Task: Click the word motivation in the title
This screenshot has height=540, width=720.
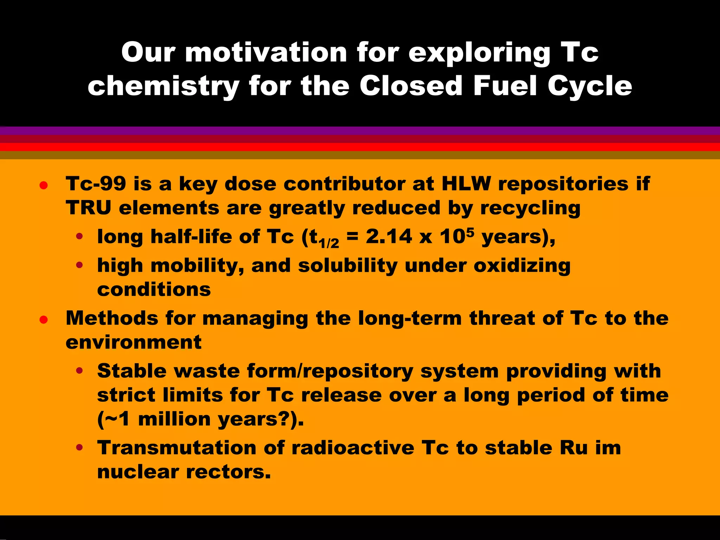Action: [266, 53]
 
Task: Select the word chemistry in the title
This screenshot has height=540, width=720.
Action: [163, 86]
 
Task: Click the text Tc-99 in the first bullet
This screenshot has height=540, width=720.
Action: [96, 184]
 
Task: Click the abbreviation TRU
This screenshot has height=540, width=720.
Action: [88, 208]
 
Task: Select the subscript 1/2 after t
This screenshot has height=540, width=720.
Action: [329, 243]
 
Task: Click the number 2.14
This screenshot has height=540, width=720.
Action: [388, 237]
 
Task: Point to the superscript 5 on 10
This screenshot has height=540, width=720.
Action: [470, 231]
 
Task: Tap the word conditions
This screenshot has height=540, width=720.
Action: [154, 290]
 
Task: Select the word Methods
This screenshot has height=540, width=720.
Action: [112, 318]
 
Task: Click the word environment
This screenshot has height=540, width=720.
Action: [134, 342]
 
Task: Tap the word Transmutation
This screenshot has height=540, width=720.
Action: [177, 448]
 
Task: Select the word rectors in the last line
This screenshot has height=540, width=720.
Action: [228, 472]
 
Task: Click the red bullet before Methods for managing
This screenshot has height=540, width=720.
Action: [44, 320]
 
